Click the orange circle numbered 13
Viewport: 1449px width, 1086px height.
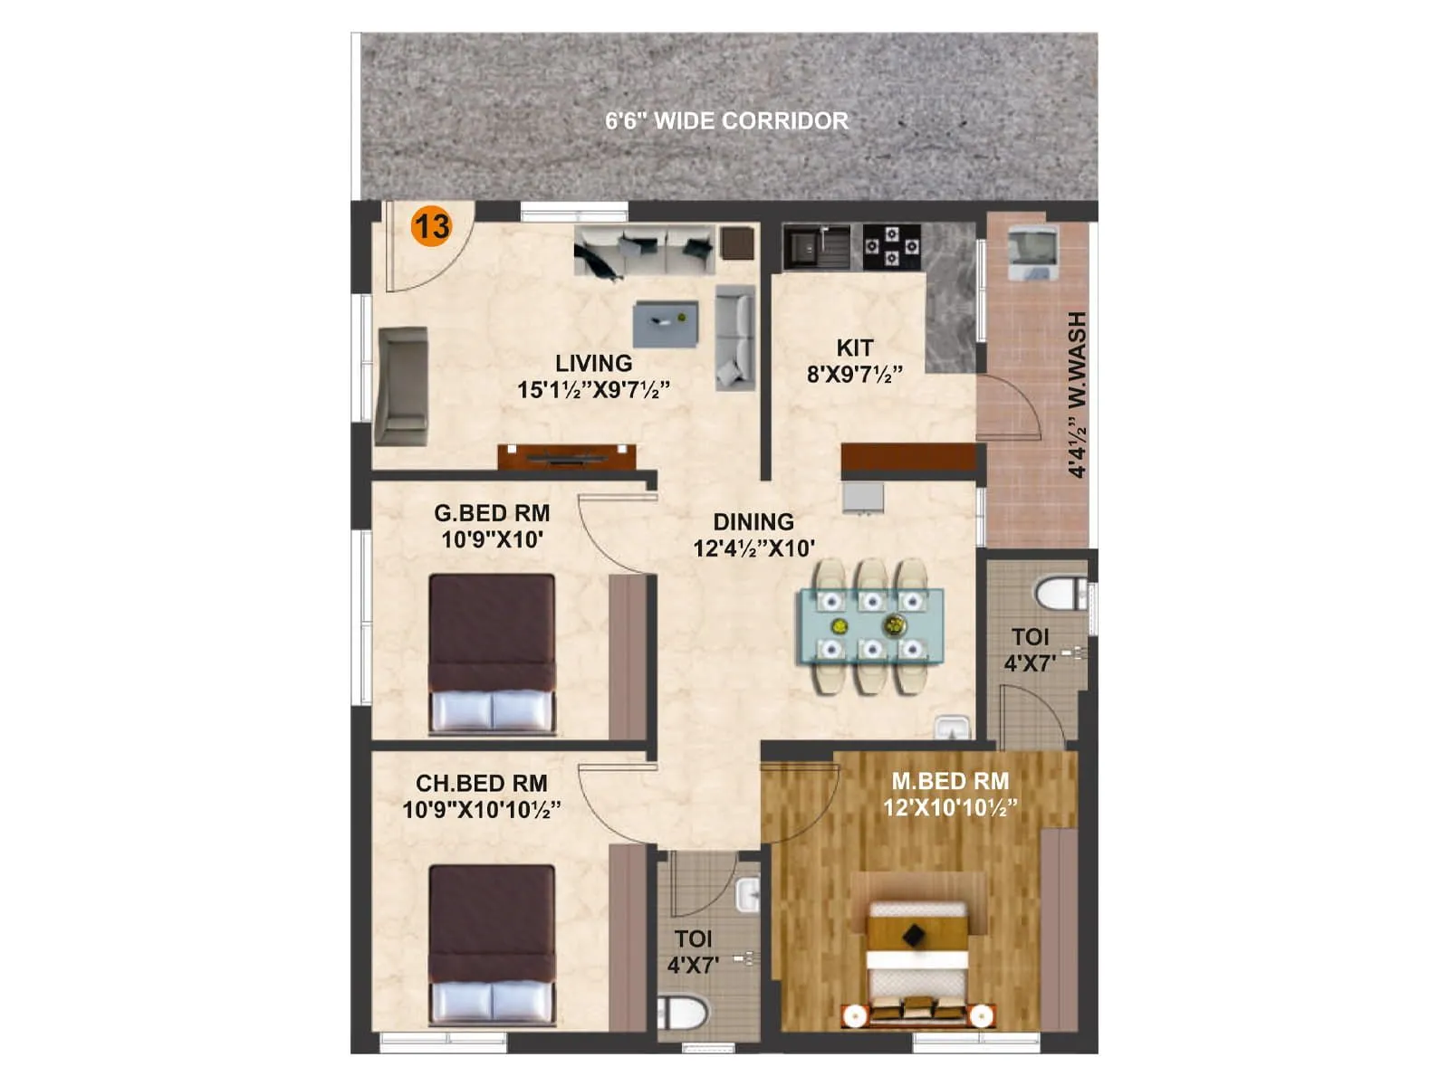pos(431,225)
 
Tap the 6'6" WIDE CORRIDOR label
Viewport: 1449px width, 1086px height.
pos(726,121)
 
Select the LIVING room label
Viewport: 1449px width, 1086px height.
pos(593,364)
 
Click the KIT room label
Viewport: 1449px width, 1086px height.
pos(854,348)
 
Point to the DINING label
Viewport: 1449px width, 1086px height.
pos(753,522)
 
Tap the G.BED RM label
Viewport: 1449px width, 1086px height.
pos(492,513)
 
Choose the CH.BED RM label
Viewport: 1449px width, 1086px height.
pos(481,783)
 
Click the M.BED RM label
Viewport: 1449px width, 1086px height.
pos(950,781)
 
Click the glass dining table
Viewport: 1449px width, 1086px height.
pos(870,625)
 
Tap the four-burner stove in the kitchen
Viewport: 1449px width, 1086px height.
pos(891,247)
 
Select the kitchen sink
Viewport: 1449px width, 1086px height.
pos(804,245)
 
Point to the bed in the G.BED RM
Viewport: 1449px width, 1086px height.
pos(492,653)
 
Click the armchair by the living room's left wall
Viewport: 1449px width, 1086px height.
pos(401,386)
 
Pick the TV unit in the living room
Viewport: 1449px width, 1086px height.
pos(566,456)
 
